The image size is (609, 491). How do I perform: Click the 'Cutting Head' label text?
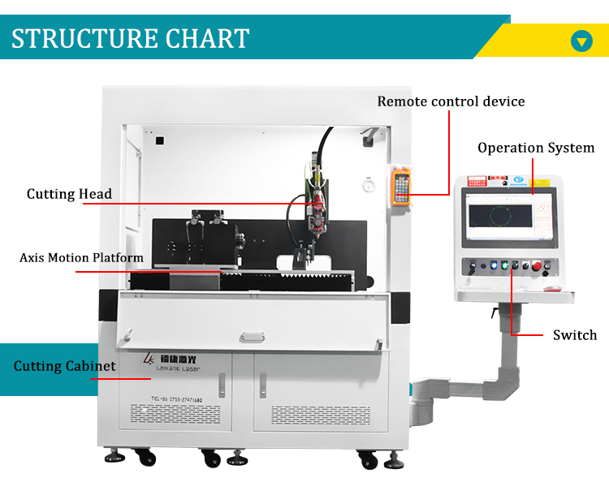69,194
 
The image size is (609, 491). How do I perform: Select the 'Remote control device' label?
451,101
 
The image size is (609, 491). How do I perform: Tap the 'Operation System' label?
536,148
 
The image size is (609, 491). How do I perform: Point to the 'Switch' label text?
575,335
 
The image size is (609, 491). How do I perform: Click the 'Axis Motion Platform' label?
81,258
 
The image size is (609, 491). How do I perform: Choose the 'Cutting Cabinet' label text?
65,366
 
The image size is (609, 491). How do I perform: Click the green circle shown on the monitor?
496,216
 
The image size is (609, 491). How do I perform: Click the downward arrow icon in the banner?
581,41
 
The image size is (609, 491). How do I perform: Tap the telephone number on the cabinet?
176,399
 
